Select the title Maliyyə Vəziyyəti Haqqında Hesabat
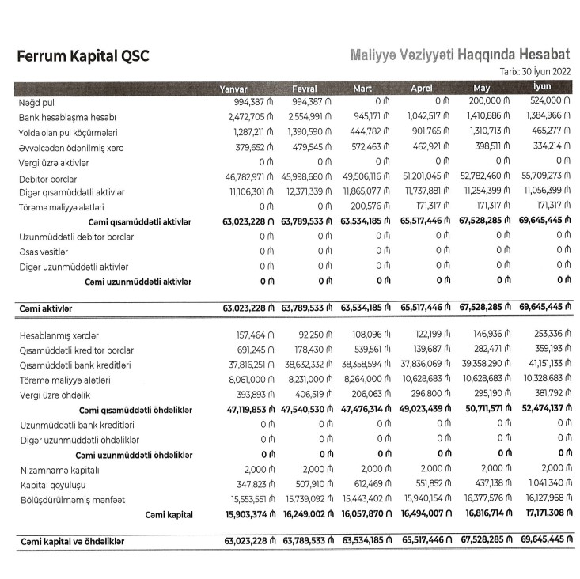460,55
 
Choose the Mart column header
362,88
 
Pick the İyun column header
542,87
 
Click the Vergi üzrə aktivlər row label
54,163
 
